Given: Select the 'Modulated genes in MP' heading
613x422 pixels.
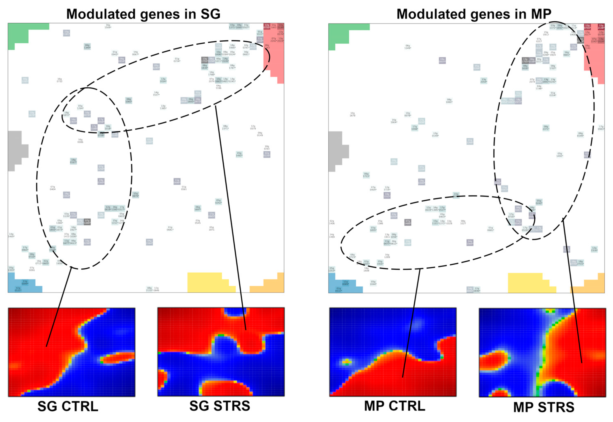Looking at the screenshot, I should click(474, 14).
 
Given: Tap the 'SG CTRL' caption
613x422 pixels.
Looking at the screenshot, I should click(68, 406).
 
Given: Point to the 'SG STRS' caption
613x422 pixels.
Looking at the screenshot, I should click(220, 406).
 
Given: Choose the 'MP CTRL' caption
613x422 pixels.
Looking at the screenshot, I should click(394, 406).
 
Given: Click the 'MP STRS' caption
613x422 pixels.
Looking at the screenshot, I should click(543, 407).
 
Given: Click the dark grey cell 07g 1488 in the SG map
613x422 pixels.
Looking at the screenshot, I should click(87, 222).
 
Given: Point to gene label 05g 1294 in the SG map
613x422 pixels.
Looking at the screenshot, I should click(80, 107).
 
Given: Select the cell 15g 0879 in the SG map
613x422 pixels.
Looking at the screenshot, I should click(135, 195).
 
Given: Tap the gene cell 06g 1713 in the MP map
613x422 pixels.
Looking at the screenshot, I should click(366, 175).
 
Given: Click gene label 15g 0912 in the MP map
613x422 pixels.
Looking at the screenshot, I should click(546, 33).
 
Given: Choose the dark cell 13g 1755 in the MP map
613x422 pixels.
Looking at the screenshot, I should click(525, 60).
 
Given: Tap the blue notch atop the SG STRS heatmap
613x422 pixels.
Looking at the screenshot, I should click(235, 312).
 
